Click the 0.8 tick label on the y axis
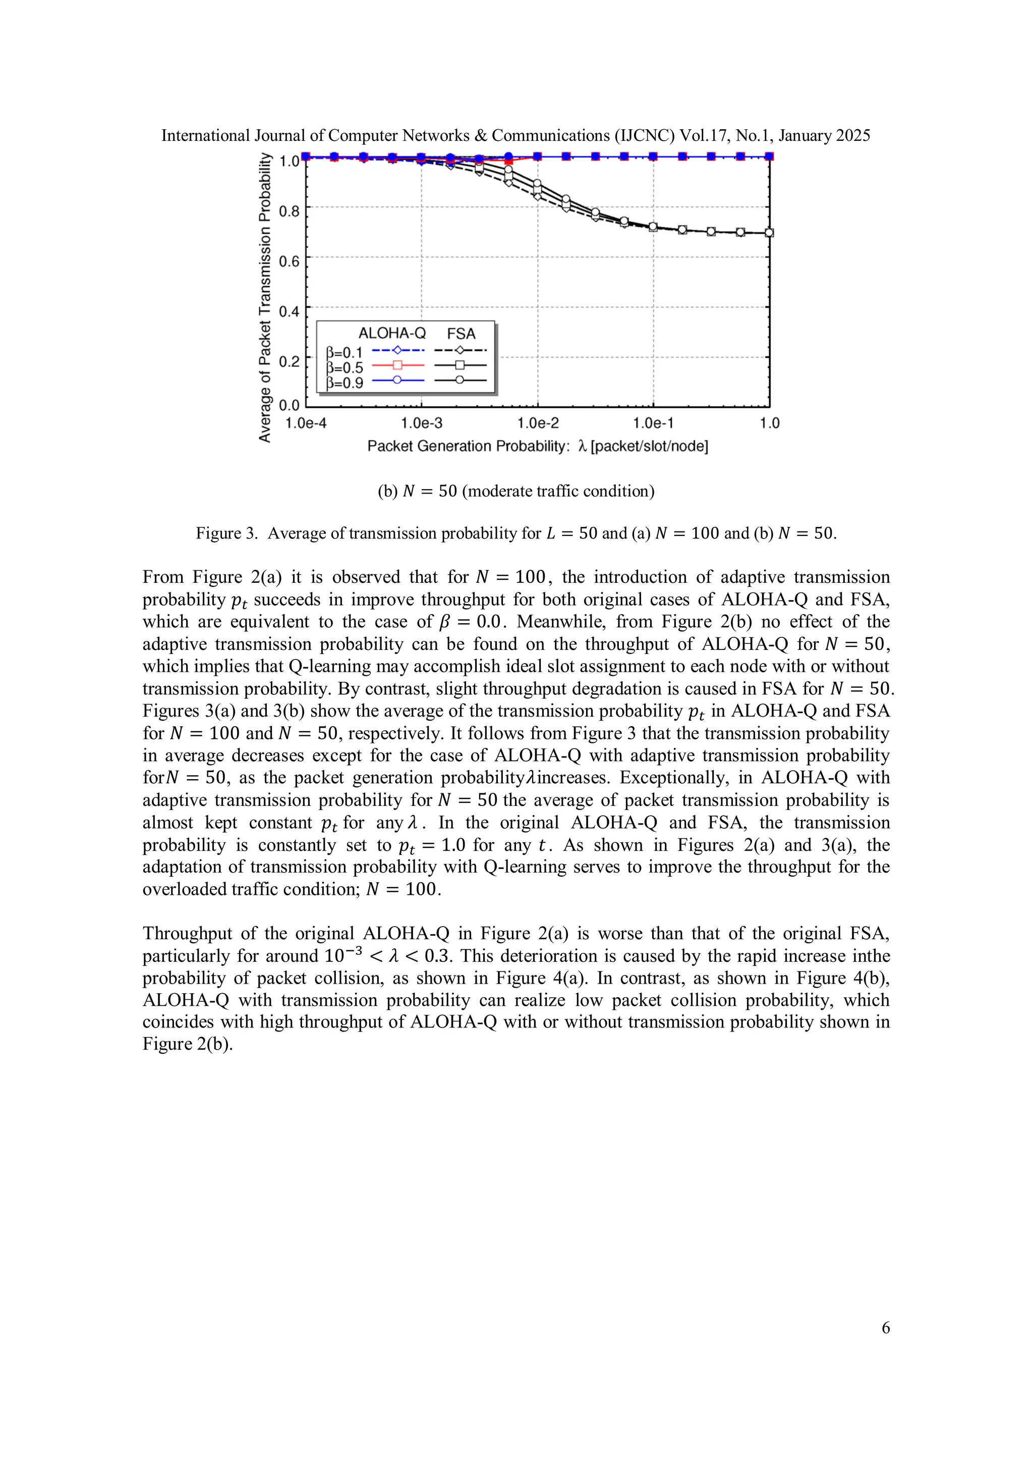point(289,211)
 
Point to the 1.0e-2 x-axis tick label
point(538,423)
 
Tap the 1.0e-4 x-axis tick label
point(306,423)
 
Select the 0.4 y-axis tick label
point(289,311)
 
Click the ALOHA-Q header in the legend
point(392,334)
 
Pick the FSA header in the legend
point(461,334)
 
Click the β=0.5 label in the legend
point(345,368)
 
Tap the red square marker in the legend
point(398,365)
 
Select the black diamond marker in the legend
point(460,350)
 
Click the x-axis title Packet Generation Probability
point(468,446)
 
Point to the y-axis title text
point(265,297)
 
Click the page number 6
point(885,1328)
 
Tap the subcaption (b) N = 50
point(515,491)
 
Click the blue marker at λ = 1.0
point(769,156)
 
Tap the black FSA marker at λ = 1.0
point(769,233)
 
